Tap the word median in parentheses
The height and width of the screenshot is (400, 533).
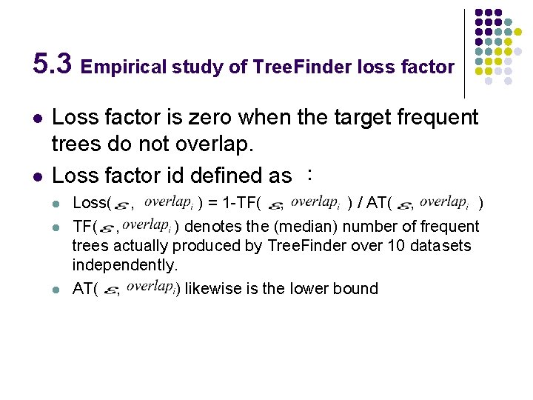pyautogui.click(x=244, y=226)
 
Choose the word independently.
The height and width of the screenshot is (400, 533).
pyautogui.click(x=125, y=264)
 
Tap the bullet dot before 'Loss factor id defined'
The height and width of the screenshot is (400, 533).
pyautogui.click(x=38, y=177)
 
